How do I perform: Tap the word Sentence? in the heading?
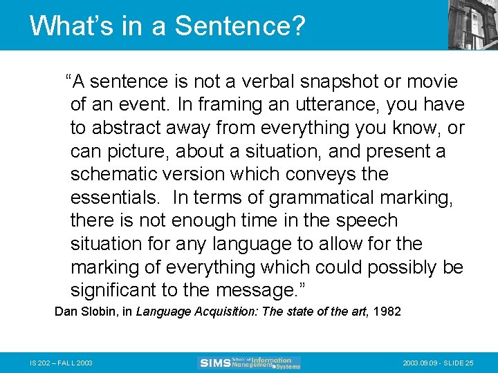[239, 26]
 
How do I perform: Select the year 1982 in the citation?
[386, 312]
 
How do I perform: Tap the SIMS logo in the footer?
[250, 363]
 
